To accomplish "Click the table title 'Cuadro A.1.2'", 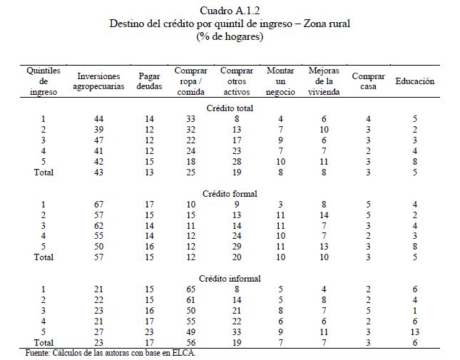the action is pyautogui.click(x=230, y=11).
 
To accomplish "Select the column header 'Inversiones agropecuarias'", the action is pyautogui.click(x=98, y=81).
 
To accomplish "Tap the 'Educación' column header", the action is pyautogui.click(x=415, y=81).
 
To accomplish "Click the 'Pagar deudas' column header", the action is pyautogui.click(x=149, y=81).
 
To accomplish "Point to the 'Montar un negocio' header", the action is pyautogui.click(x=280, y=81).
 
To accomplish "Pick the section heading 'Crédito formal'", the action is pyautogui.click(x=230, y=194).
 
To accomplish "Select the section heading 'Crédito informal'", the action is pyautogui.click(x=230, y=279).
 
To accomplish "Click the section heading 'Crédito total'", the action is pyautogui.click(x=230, y=108).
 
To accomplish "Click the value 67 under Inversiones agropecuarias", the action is pyautogui.click(x=98, y=205).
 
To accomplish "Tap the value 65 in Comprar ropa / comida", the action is pyautogui.click(x=190, y=289).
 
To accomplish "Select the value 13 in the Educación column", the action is pyautogui.click(x=415, y=332).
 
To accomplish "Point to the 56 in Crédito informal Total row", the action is pyautogui.click(x=190, y=342).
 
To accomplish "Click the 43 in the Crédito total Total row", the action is pyautogui.click(x=98, y=172).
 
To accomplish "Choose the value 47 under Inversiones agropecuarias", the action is pyautogui.click(x=98, y=140).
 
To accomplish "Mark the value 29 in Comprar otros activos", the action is pyautogui.click(x=237, y=247).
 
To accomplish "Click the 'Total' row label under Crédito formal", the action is pyautogui.click(x=44, y=257).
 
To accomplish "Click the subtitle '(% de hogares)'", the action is pyautogui.click(x=230, y=36).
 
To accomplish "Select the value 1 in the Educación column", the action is pyautogui.click(x=415, y=311).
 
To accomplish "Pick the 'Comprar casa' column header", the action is pyautogui.click(x=368, y=81).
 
